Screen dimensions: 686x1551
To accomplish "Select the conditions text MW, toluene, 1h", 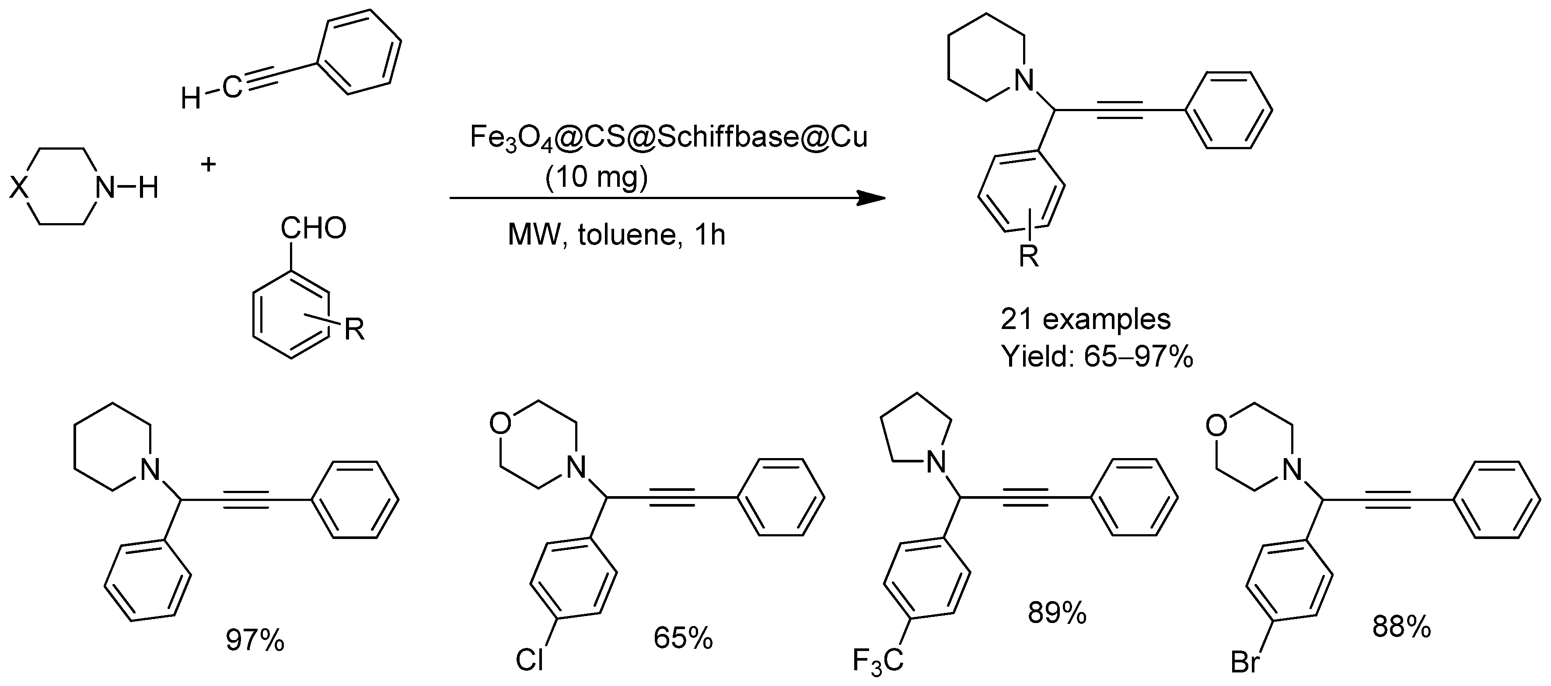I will (617, 235).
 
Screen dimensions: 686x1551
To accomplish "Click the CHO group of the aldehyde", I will (313, 229).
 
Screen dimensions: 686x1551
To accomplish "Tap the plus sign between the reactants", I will (208, 164).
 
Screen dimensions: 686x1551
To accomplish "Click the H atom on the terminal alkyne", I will (191, 98).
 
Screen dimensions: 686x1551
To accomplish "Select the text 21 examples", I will (1086, 319).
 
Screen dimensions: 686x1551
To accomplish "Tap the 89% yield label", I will (1057, 613).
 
